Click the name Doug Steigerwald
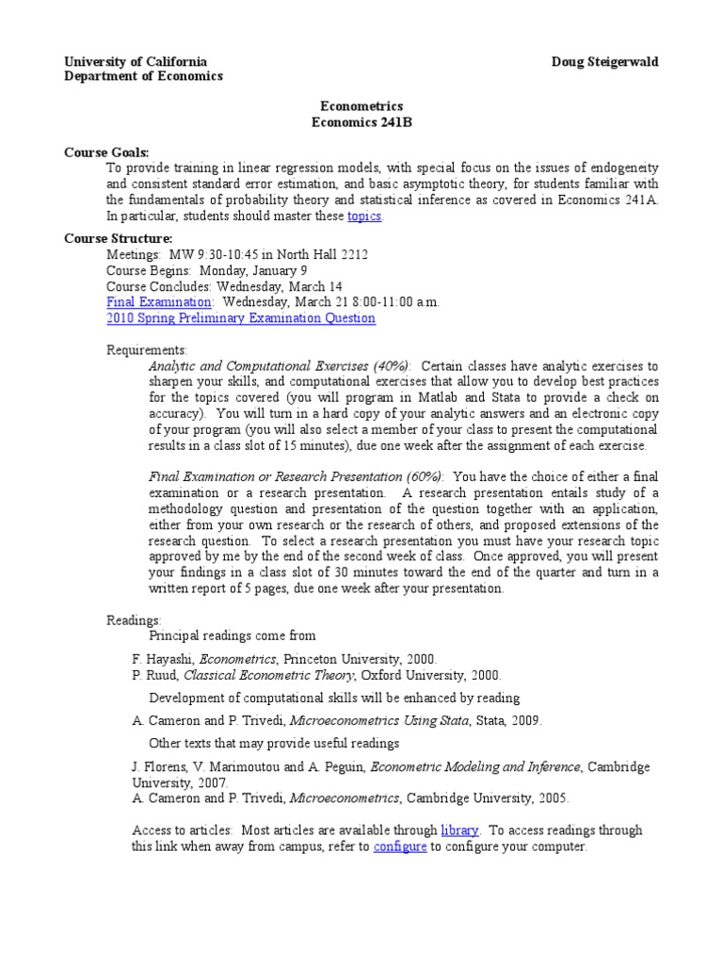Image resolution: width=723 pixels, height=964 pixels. (605, 61)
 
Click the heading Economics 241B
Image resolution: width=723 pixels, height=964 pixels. (361, 122)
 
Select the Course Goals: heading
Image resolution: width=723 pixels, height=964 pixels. (106, 153)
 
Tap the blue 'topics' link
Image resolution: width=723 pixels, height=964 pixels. (364, 216)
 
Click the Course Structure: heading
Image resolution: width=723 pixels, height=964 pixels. (118, 238)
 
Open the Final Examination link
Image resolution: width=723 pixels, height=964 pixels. (159, 302)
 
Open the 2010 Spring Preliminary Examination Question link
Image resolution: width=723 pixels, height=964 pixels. (240, 318)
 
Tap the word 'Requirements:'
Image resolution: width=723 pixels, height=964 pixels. (147, 350)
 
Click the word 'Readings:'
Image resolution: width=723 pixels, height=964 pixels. (134, 620)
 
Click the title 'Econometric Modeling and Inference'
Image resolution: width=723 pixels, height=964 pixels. (476, 767)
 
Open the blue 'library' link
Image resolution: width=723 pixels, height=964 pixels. (460, 830)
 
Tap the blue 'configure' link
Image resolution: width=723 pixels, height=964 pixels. (400, 846)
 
